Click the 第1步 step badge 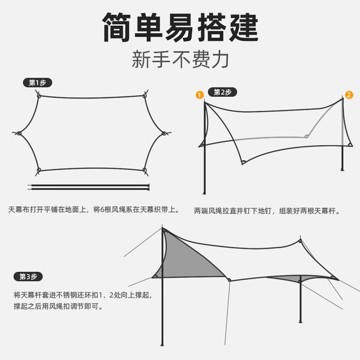pyautogui.click(x=38, y=83)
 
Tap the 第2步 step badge pyautogui.click(x=222, y=92)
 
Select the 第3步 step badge pyautogui.click(x=28, y=277)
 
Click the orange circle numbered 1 pyautogui.click(x=200, y=95)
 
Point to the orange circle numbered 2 pyautogui.click(x=349, y=95)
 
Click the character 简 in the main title pyautogui.click(x=117, y=27)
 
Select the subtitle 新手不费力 pyautogui.click(x=180, y=60)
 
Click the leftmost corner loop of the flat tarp pyautogui.click(x=19, y=133)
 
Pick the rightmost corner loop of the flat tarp pyautogui.click(x=164, y=133)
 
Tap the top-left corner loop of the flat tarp pyautogui.click(x=39, y=96)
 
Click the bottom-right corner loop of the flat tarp pyautogui.click(x=145, y=170)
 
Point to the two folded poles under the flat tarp pyautogui.click(x=89, y=187)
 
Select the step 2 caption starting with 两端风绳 pyautogui.click(x=267, y=211)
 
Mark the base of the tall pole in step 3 pyautogui.click(x=162, y=344)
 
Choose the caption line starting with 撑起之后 pyautogui.click(x=58, y=306)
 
